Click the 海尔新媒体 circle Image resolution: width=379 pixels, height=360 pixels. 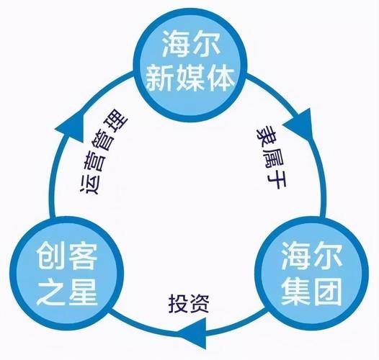190,65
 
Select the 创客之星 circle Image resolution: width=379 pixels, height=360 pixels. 67,274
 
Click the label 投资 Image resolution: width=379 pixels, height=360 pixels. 189,303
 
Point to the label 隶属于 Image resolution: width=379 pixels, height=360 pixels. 271,158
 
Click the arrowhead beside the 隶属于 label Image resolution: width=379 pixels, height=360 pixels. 300,125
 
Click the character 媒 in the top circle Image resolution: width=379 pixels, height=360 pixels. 190,78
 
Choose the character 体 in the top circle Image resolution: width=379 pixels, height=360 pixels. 220,78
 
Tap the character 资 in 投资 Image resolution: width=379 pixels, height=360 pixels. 199,304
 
